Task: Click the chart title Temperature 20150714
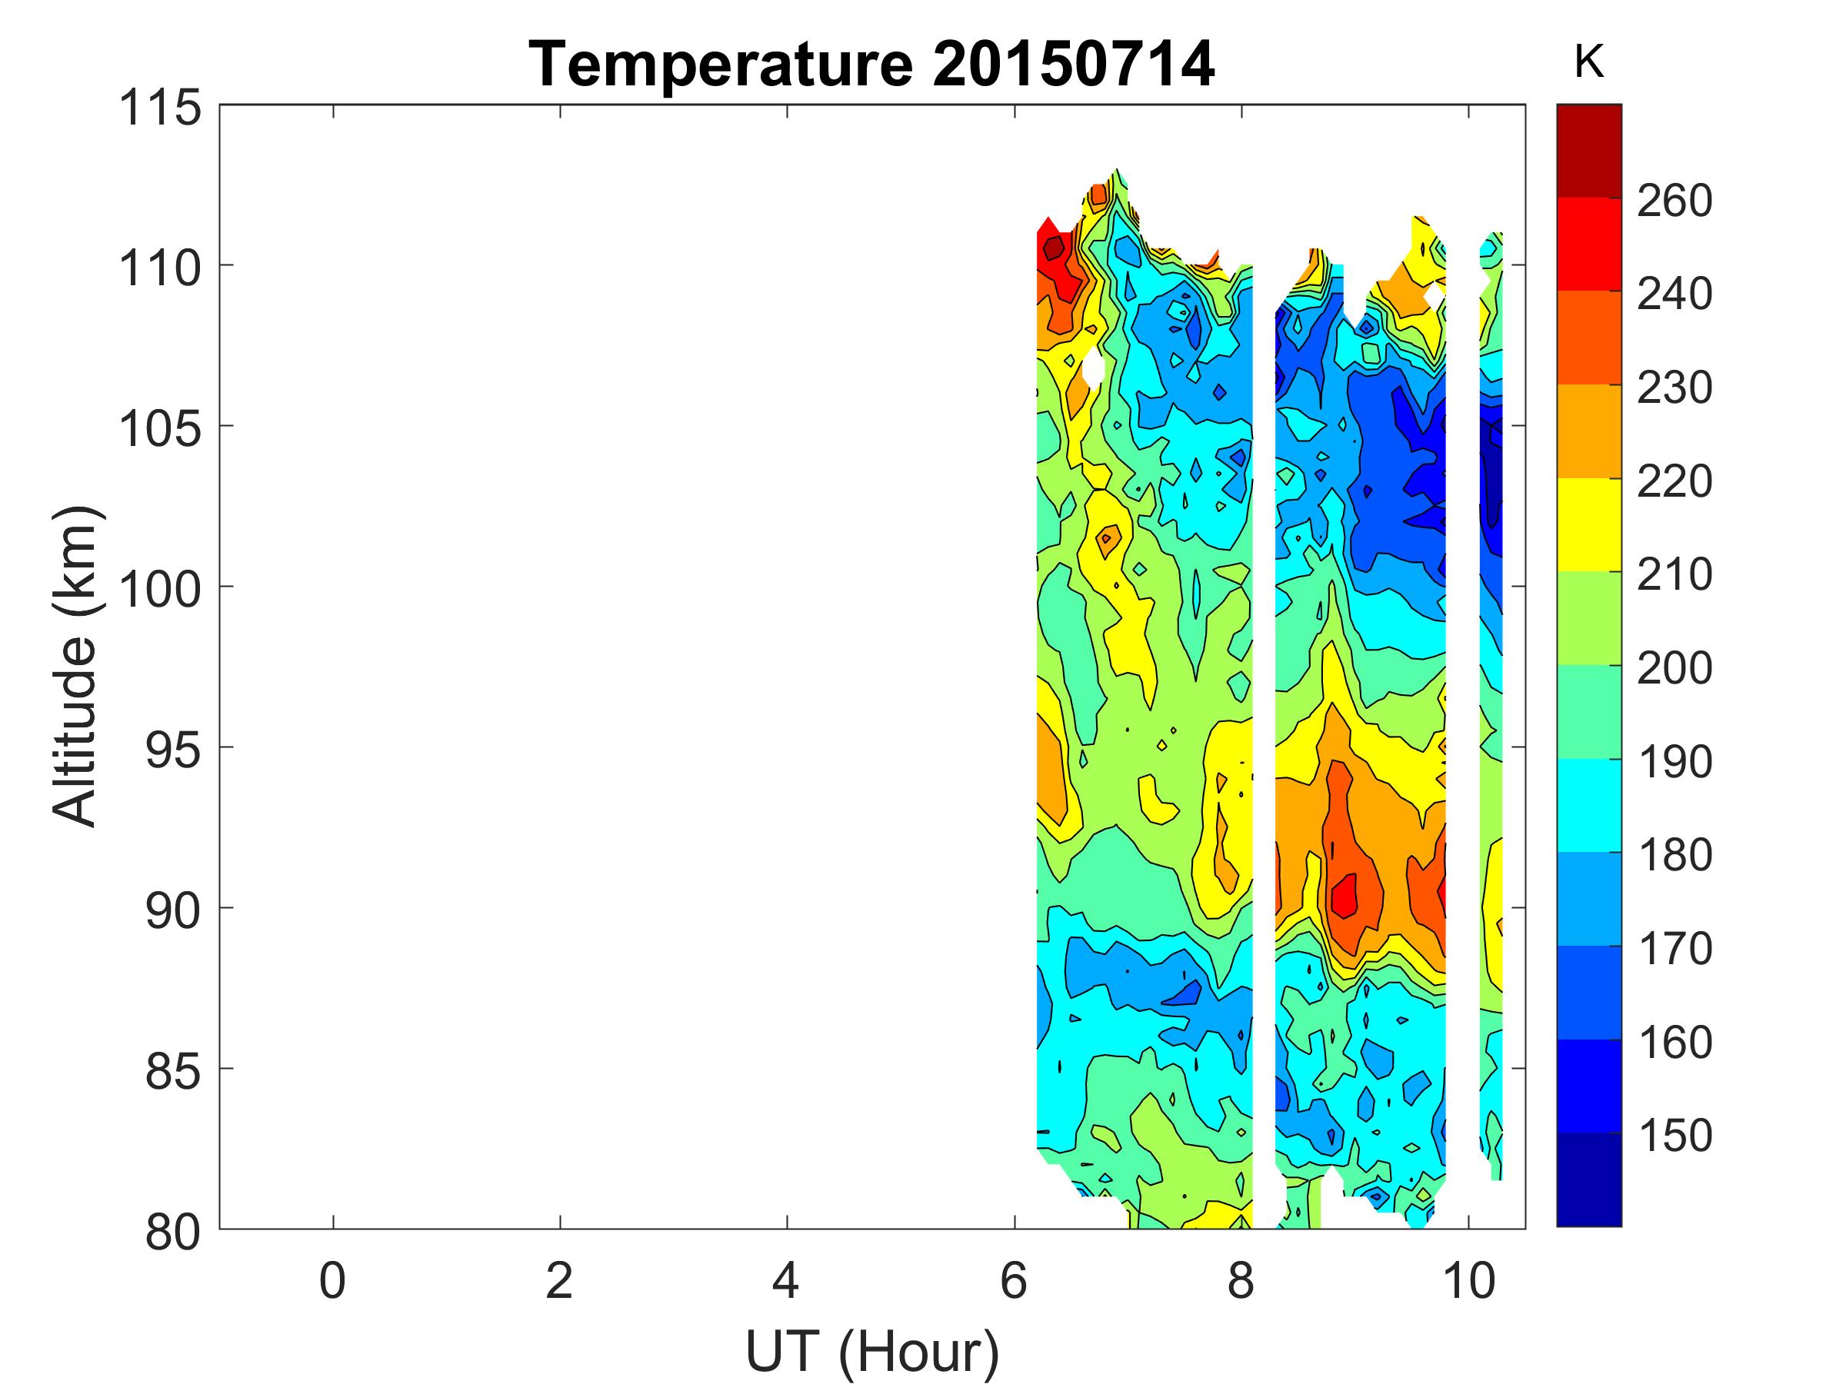871,65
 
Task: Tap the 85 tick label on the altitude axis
173,1072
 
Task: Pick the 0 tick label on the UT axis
332,1280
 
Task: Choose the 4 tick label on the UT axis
786,1280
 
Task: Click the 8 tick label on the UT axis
1241,1280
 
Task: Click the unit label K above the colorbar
1589,62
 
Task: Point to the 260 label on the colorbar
1674,201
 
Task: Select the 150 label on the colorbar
1674,1136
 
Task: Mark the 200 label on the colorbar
1674,668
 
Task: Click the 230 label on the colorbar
1674,388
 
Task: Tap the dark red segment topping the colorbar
1589,150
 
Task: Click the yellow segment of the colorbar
1589,524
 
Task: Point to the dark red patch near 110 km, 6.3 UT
1053,248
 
